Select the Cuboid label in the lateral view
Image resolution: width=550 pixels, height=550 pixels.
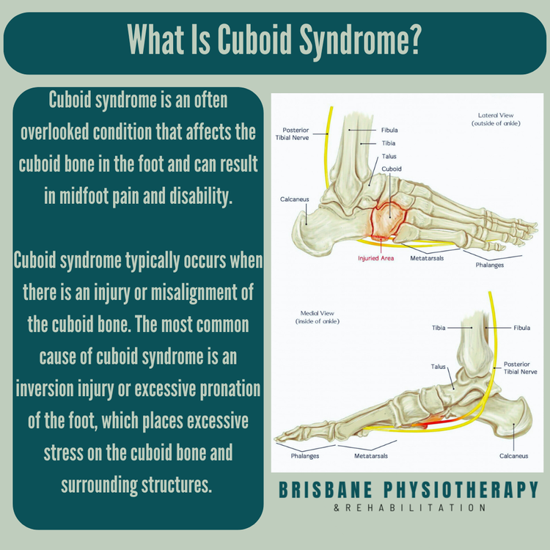(x=392, y=169)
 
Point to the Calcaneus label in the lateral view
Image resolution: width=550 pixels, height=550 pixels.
(x=294, y=199)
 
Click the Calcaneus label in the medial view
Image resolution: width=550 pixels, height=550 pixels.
(x=513, y=455)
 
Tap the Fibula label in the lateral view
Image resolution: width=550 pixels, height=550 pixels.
(x=389, y=131)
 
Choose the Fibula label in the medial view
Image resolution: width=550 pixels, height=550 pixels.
(x=521, y=328)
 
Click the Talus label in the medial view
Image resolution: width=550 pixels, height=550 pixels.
(x=439, y=366)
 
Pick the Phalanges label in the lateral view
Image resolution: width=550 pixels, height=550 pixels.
(x=509, y=265)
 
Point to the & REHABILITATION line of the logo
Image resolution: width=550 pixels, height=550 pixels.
(x=411, y=507)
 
